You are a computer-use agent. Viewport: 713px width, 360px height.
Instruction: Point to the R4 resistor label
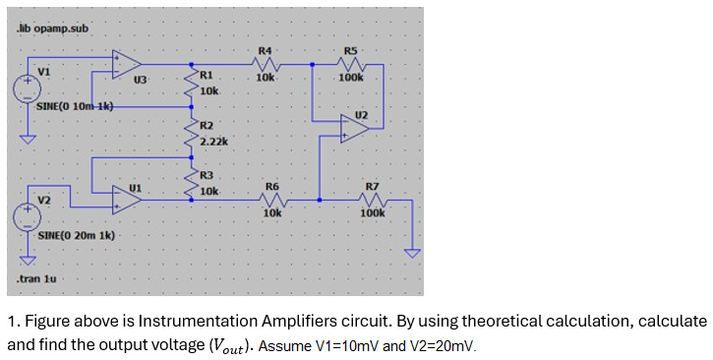pos(265,49)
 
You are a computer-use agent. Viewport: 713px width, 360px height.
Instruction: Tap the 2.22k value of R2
pos(213,143)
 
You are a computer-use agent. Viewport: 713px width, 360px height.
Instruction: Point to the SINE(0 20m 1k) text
pos(76,237)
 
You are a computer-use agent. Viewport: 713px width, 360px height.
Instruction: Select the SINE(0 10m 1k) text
pos(76,106)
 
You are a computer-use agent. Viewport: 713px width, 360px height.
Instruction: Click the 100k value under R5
pos(351,77)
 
